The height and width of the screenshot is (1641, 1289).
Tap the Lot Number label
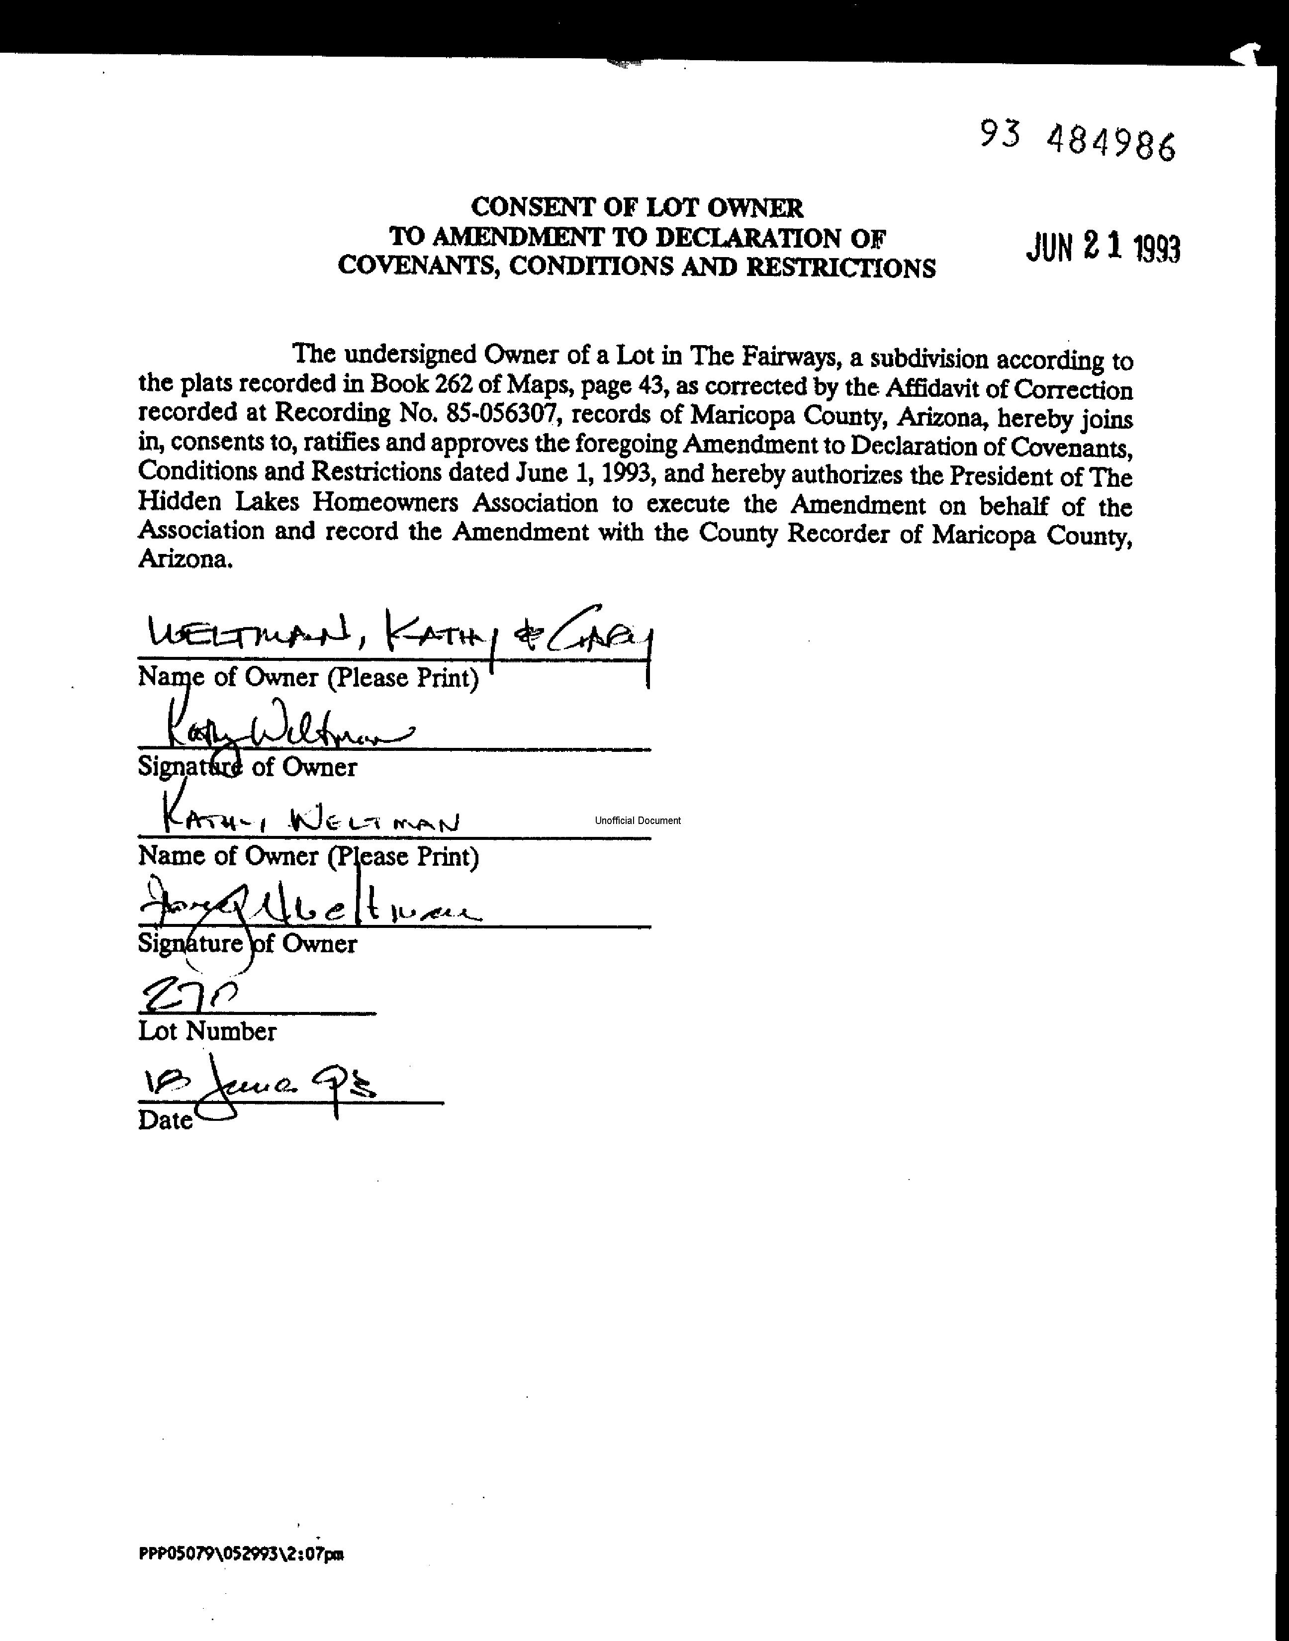[207, 1031]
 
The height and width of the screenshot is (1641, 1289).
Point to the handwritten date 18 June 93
[257, 1088]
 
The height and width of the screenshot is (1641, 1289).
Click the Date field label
[165, 1120]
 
